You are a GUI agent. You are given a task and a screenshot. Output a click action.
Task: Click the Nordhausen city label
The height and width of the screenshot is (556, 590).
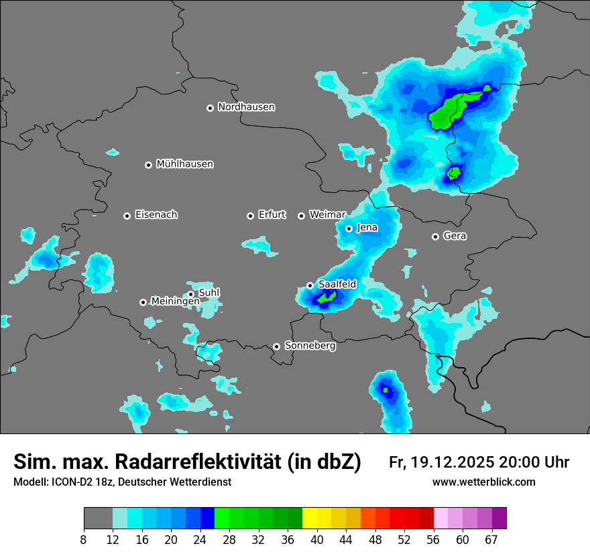(x=246, y=107)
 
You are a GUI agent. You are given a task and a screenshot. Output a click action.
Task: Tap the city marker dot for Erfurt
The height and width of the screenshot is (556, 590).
(x=250, y=216)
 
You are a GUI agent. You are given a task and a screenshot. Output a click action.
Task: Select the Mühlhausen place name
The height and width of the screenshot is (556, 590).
(x=184, y=164)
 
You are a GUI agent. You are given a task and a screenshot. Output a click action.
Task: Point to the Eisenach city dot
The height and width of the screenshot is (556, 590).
(x=127, y=216)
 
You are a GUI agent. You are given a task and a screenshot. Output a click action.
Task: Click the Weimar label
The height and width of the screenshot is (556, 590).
(x=327, y=215)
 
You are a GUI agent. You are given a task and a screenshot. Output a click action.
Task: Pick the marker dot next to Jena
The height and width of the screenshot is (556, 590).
(x=349, y=228)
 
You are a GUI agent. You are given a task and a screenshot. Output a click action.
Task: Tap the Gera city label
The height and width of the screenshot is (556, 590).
(x=455, y=236)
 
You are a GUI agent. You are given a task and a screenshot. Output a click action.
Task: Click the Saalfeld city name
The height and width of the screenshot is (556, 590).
(x=337, y=285)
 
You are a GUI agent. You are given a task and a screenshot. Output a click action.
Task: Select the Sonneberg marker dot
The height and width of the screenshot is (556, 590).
(x=276, y=346)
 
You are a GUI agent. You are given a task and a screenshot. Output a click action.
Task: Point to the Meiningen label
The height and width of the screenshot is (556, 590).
(x=175, y=301)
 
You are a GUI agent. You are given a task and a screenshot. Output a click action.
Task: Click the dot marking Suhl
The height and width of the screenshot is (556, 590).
(x=191, y=294)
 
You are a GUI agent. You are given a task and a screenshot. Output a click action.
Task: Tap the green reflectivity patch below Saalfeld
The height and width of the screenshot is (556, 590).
(x=327, y=297)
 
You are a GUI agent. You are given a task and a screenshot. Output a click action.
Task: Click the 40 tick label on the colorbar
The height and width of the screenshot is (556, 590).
(x=316, y=539)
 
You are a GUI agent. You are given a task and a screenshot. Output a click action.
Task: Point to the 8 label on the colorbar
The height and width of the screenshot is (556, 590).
(x=84, y=539)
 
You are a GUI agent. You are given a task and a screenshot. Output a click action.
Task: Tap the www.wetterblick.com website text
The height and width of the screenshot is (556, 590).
(x=483, y=482)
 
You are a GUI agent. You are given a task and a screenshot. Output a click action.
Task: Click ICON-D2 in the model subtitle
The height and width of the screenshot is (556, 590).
(x=74, y=482)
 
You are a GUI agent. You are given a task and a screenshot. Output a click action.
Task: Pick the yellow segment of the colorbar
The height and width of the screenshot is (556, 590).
(x=309, y=518)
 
